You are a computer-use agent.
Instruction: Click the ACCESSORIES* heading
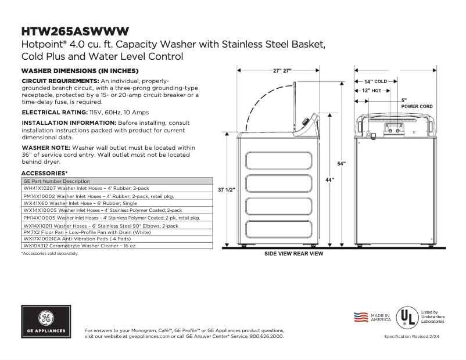pos(44,174)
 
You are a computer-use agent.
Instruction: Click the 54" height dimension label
pos(341,163)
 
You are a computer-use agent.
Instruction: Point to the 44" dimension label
pos(329,180)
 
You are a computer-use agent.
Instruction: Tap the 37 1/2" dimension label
pos(226,190)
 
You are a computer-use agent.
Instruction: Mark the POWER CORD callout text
pos(417,107)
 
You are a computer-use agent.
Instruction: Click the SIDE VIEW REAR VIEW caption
pos(294,254)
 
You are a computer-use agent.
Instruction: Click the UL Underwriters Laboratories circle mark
pos(406,317)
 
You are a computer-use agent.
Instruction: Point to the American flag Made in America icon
pos(361,317)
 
